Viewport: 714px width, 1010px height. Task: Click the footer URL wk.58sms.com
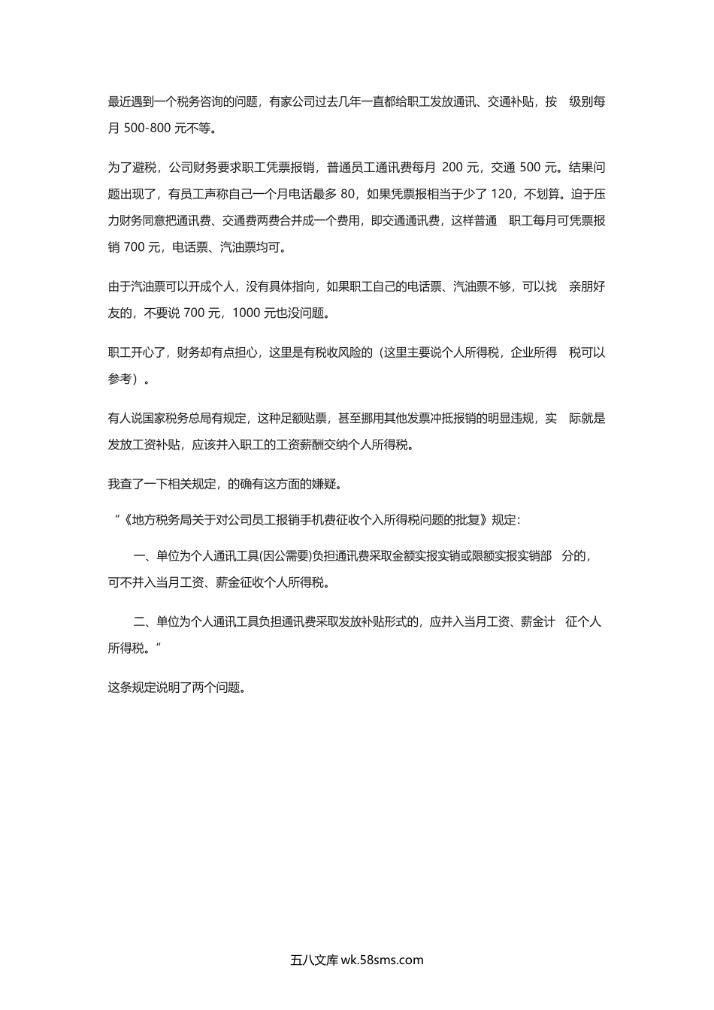382,960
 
